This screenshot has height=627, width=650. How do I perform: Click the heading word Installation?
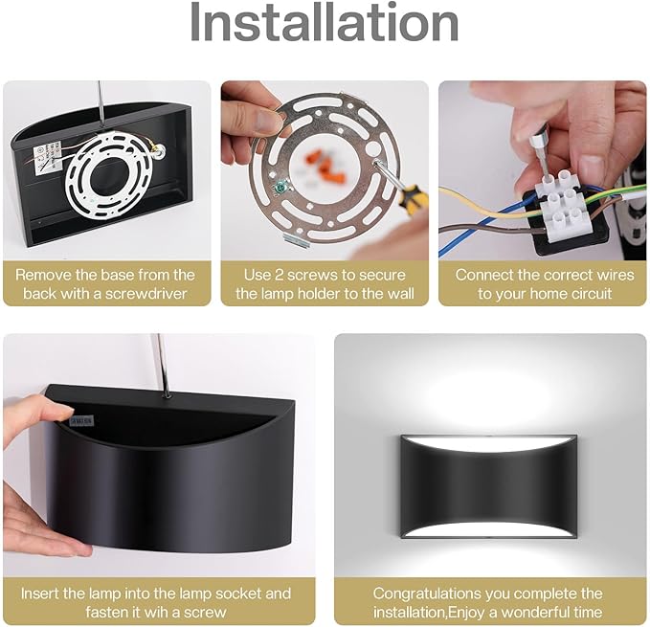[325, 22]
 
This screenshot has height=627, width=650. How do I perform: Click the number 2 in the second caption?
[280, 275]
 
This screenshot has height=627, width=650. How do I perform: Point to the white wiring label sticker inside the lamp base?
[47, 157]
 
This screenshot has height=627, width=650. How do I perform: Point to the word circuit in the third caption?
[592, 294]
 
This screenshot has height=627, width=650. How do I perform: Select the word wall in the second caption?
[401, 294]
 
